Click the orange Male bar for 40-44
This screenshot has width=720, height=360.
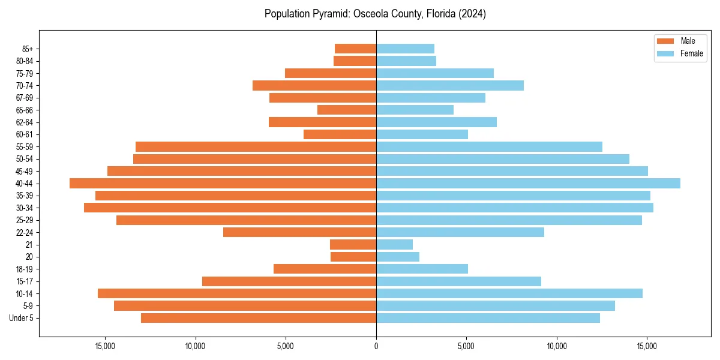click(x=223, y=184)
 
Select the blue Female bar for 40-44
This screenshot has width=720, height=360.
click(x=528, y=184)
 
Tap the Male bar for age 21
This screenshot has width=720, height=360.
click(x=353, y=245)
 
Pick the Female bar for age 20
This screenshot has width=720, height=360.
click(x=398, y=257)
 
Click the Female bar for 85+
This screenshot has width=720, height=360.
click(x=405, y=49)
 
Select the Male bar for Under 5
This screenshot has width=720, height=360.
click(x=259, y=318)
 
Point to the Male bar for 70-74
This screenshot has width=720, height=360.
click(x=314, y=86)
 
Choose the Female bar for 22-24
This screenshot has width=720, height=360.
click(x=460, y=232)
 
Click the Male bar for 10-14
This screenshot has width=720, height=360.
click(x=237, y=293)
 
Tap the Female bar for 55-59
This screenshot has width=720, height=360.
click(x=489, y=147)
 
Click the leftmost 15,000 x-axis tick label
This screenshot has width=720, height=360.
click(x=105, y=346)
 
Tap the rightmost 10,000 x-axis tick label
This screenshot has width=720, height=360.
click(x=557, y=346)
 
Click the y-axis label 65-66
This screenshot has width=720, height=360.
click(x=24, y=110)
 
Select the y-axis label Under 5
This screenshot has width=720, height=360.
click(x=21, y=318)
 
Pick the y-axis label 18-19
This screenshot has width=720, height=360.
click(x=24, y=269)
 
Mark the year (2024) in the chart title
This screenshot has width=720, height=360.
click(x=472, y=14)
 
